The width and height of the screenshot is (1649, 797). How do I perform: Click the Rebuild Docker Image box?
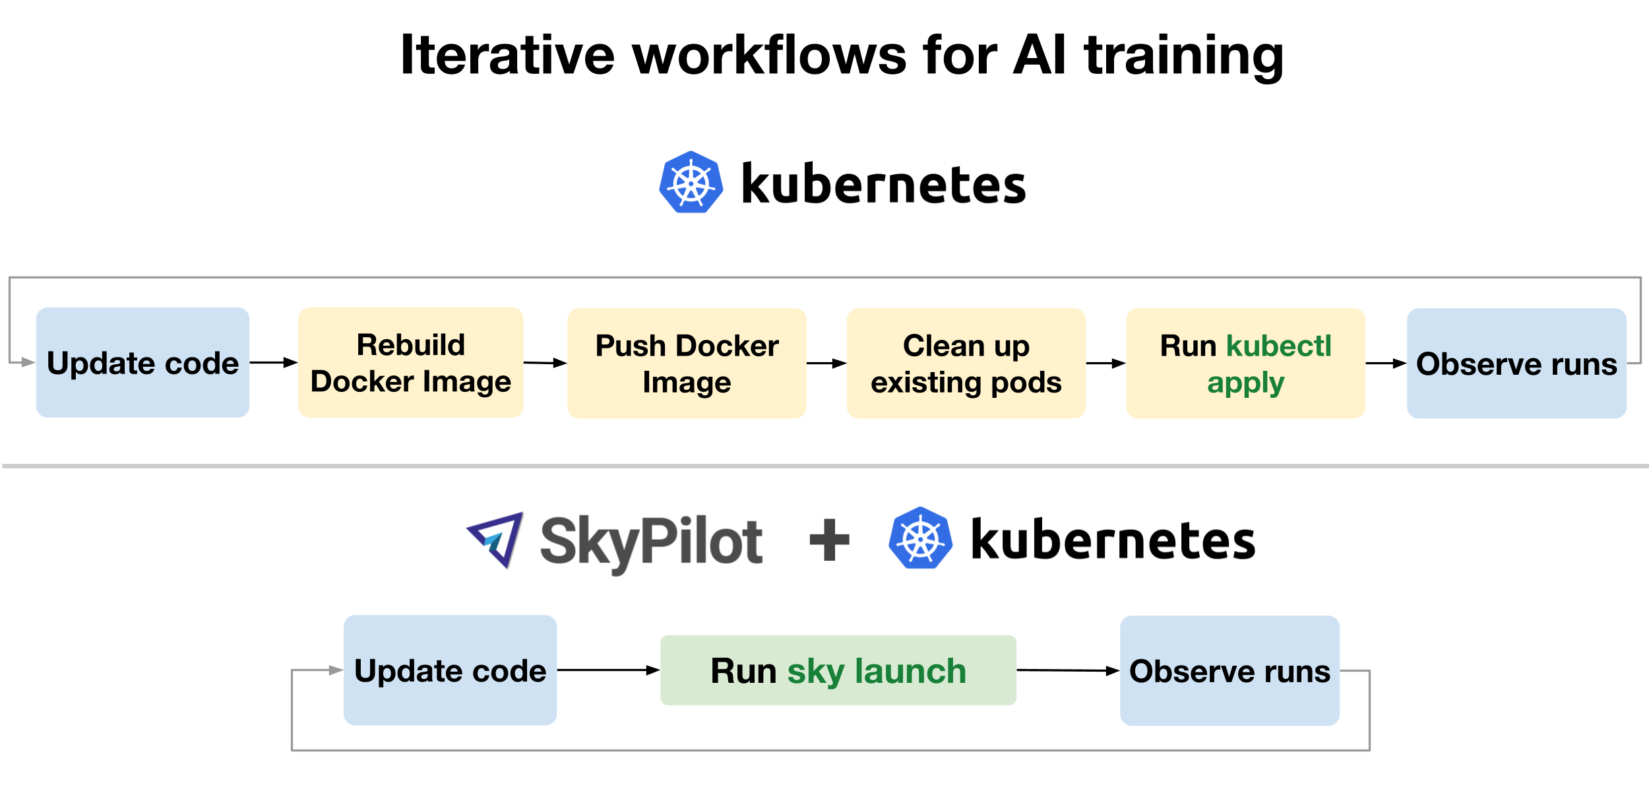[410, 363]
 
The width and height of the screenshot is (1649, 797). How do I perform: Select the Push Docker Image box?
[687, 364]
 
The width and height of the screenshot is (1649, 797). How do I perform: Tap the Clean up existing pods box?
[966, 364]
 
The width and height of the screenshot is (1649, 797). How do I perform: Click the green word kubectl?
[1278, 346]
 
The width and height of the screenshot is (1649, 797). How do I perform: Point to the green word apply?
[1245, 383]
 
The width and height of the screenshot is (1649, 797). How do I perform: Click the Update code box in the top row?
[142, 362]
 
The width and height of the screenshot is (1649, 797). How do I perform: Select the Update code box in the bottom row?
[450, 670]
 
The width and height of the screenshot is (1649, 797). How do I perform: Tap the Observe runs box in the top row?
[1516, 364]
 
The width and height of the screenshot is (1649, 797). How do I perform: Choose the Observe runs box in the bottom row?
[1229, 671]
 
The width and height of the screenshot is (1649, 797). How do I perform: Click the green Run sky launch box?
[838, 670]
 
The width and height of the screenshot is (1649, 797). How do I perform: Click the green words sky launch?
[877, 672]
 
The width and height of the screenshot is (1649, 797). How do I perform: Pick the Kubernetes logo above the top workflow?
[691, 183]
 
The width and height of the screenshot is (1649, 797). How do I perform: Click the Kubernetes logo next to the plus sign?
[920, 538]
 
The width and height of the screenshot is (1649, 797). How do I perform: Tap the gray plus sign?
[829, 540]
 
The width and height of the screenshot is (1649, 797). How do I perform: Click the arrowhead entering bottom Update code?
[336, 670]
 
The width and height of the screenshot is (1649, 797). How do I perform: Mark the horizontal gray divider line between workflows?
[824, 466]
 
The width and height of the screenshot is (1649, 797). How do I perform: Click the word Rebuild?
[410, 344]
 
